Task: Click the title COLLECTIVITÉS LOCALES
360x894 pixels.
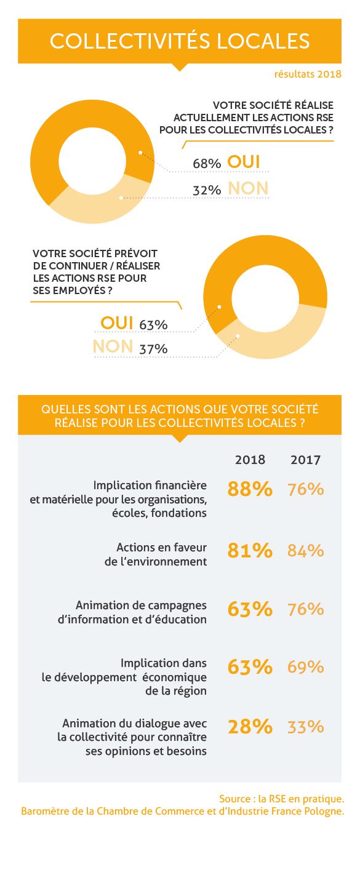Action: [x=180, y=41]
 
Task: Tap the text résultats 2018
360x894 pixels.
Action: [x=308, y=74]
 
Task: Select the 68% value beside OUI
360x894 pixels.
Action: [x=207, y=164]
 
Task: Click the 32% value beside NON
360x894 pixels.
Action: [x=207, y=190]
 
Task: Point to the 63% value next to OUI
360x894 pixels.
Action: [x=153, y=325]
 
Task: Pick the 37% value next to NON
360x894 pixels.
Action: [x=153, y=349]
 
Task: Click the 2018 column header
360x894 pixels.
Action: [x=250, y=460]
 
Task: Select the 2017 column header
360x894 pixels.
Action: [x=305, y=460]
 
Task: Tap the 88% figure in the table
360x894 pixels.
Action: [x=250, y=489]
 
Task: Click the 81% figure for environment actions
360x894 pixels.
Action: [x=250, y=551]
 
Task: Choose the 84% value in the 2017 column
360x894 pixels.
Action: [x=305, y=551]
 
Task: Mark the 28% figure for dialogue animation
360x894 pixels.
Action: [x=250, y=727]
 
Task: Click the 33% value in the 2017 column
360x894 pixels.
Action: [x=305, y=727]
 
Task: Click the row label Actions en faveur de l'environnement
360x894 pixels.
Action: [x=156, y=554]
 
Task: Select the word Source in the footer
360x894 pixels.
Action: [x=235, y=799]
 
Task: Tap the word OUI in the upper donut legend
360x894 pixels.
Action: [x=244, y=162]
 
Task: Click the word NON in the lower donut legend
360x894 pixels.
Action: [x=113, y=346]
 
